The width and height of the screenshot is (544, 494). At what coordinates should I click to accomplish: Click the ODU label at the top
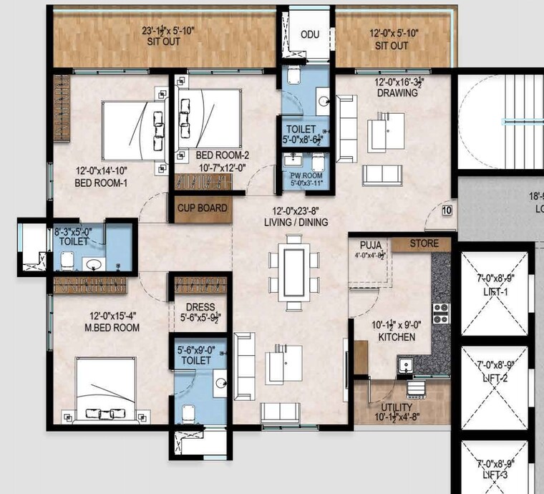(x=310, y=34)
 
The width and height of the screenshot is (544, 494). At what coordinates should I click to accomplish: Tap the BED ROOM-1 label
(x=101, y=182)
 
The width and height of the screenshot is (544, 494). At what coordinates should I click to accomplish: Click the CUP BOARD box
(x=203, y=208)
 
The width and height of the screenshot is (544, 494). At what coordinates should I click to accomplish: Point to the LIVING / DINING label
(x=296, y=223)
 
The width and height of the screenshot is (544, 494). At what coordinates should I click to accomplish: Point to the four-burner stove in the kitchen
(x=440, y=312)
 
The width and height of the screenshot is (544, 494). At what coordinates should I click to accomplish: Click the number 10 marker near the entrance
(x=447, y=210)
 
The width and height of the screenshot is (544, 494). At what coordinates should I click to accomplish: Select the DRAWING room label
(x=397, y=93)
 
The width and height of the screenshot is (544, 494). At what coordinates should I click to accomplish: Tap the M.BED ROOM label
(x=105, y=327)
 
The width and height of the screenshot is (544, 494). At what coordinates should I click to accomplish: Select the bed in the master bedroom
(x=105, y=390)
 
